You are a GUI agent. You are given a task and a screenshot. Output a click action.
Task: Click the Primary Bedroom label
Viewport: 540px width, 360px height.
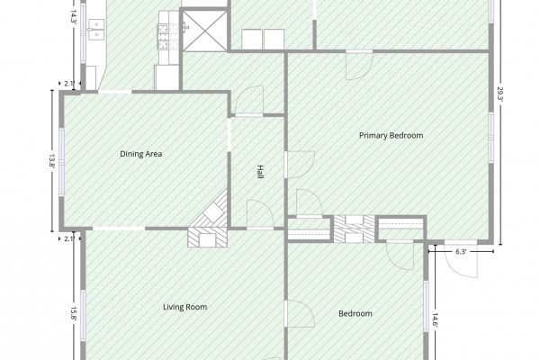[391, 135]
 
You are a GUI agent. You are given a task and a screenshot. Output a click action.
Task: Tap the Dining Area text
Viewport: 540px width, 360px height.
[141, 154]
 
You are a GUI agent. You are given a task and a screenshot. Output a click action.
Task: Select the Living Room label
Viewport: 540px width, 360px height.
[184, 307]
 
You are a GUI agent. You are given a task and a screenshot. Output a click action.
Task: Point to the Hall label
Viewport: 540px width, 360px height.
[260, 172]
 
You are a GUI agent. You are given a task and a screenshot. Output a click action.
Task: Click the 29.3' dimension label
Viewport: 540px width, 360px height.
[500, 94]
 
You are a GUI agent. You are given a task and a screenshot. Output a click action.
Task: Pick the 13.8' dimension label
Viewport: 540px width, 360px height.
[52, 161]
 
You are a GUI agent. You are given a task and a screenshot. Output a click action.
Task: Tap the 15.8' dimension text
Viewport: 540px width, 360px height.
[73, 314]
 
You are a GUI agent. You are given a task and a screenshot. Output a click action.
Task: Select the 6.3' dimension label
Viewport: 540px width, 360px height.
[461, 251]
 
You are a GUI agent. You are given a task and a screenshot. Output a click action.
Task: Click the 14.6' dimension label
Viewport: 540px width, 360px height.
[436, 320]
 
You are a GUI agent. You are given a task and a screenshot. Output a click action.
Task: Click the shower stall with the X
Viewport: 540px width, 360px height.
[204, 31]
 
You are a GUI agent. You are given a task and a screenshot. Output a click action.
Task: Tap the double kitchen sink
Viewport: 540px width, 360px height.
[96, 30]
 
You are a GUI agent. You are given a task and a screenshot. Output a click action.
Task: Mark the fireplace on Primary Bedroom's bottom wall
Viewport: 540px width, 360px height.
[355, 229]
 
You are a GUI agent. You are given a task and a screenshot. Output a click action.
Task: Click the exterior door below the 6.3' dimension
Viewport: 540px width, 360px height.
[462, 258]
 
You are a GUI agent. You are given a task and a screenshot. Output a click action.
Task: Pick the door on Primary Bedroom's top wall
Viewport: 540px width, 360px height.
[359, 66]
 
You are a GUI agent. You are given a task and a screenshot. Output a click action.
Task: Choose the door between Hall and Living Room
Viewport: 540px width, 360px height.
[260, 214]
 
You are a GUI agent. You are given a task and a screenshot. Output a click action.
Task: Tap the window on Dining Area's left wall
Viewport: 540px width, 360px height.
[61, 162]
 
